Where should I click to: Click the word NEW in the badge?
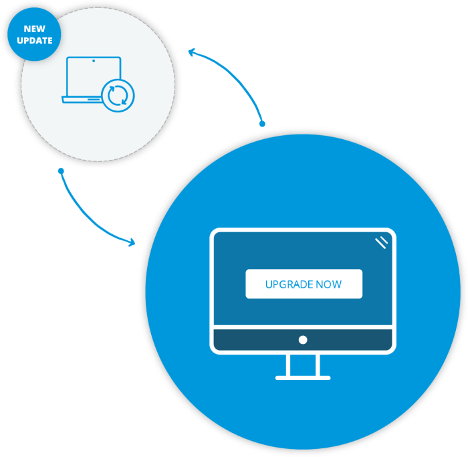click(35, 29)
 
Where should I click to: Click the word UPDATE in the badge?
click(35, 41)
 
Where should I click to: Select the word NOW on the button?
click(329, 284)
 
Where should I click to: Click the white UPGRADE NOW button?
click(304, 284)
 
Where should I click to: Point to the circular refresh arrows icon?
click(117, 95)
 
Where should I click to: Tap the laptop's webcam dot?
click(94, 61)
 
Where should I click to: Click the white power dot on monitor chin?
click(303, 340)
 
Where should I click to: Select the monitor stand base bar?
click(303, 378)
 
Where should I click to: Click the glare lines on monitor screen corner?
click(381, 242)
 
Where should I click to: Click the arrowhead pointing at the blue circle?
click(132, 242)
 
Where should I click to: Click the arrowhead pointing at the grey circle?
click(192, 52)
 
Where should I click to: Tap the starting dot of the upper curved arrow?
click(262, 124)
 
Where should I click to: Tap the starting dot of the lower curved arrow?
click(61, 171)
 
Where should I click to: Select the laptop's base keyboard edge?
click(80, 100)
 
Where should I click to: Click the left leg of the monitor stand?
click(288, 365)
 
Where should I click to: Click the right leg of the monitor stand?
click(318, 365)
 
